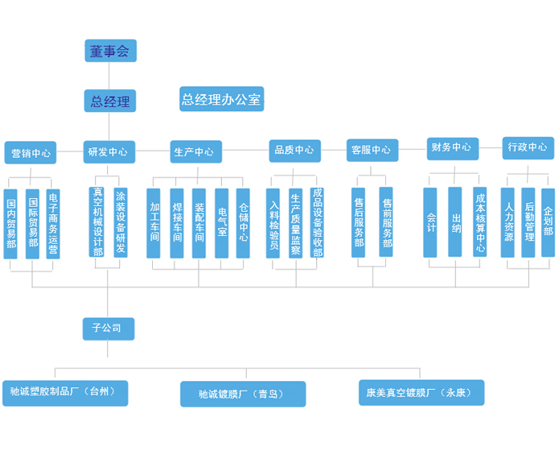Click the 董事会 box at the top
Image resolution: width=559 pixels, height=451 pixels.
110,51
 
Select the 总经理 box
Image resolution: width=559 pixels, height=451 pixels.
110,101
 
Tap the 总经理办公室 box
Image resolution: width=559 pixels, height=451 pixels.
221,99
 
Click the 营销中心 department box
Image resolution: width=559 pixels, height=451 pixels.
31,152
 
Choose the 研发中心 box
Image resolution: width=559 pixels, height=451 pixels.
109,151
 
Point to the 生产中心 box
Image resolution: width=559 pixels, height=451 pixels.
193,151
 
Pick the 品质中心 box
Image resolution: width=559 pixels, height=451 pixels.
294,150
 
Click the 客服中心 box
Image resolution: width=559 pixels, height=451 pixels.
371,150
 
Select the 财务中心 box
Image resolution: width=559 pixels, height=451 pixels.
452,147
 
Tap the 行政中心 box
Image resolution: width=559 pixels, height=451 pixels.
528,147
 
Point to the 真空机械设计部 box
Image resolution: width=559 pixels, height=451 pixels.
97,221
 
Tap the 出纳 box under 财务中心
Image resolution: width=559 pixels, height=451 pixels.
455,222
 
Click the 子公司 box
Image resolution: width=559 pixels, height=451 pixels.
108,328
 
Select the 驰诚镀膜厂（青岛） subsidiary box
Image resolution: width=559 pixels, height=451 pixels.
241,394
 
